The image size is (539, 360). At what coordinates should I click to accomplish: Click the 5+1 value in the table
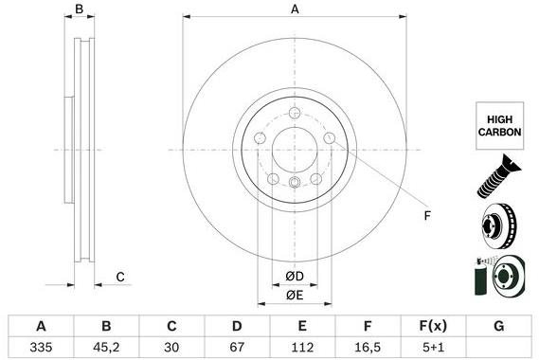pyautogui.click(x=431, y=346)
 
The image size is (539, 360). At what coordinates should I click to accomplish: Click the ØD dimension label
pyautogui.click(x=295, y=277)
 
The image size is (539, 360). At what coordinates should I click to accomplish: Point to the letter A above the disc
pyautogui.click(x=295, y=9)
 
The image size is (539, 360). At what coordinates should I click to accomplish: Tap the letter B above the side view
pyautogui.click(x=80, y=9)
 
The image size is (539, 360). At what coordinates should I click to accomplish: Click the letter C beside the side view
pyautogui.click(x=120, y=277)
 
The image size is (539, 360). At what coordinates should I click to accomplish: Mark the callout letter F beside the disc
pyautogui.click(x=426, y=216)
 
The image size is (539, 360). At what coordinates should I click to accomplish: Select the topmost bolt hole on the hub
pyautogui.click(x=295, y=115)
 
